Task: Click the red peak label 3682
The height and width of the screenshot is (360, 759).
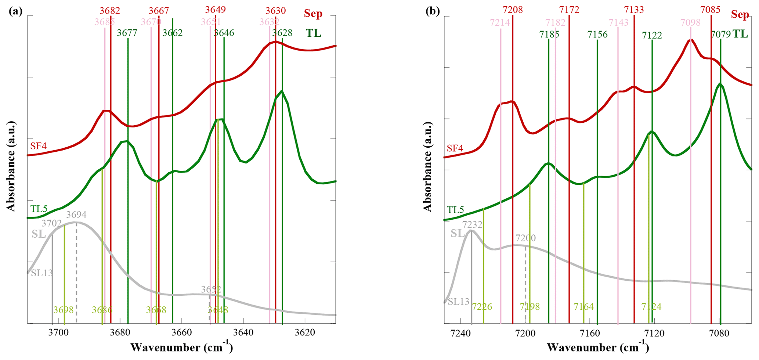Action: click(110, 11)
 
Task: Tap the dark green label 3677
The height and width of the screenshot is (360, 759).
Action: click(127, 33)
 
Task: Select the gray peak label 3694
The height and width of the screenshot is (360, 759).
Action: click(76, 215)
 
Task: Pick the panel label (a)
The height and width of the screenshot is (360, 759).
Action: click(15, 11)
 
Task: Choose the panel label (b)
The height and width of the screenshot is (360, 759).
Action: click(433, 11)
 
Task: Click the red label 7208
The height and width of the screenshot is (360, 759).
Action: click(513, 10)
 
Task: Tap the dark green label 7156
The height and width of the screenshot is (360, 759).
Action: click(597, 35)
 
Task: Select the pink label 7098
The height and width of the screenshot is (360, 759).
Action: click(690, 22)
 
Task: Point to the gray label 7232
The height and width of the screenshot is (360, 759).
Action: click(472, 224)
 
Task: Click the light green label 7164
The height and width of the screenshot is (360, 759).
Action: click(583, 307)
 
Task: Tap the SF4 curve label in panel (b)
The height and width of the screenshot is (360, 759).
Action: click(455, 148)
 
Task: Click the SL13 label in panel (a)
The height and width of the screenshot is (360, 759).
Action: click(42, 273)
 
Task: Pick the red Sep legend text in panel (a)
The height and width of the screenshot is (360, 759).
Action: click(313, 14)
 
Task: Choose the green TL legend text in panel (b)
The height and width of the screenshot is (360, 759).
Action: click(740, 34)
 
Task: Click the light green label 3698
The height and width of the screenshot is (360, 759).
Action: click(64, 310)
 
